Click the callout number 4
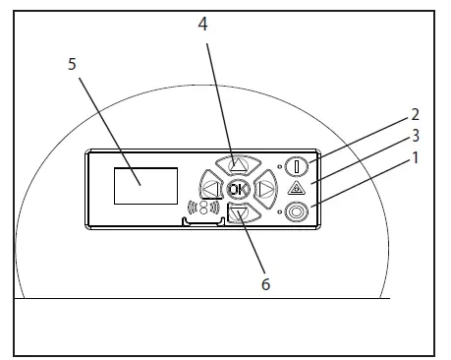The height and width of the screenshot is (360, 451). [x=203, y=25]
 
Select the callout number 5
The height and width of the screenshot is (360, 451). [x=72, y=64]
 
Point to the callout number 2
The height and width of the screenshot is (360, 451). [x=415, y=114]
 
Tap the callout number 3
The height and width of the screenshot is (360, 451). [x=416, y=136]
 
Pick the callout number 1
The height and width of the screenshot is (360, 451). [x=416, y=158]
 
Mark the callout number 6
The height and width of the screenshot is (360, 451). [x=266, y=284]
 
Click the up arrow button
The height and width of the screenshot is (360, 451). [x=238, y=164]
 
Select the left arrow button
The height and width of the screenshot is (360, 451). [x=210, y=189]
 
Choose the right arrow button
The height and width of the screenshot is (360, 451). [x=266, y=189]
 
